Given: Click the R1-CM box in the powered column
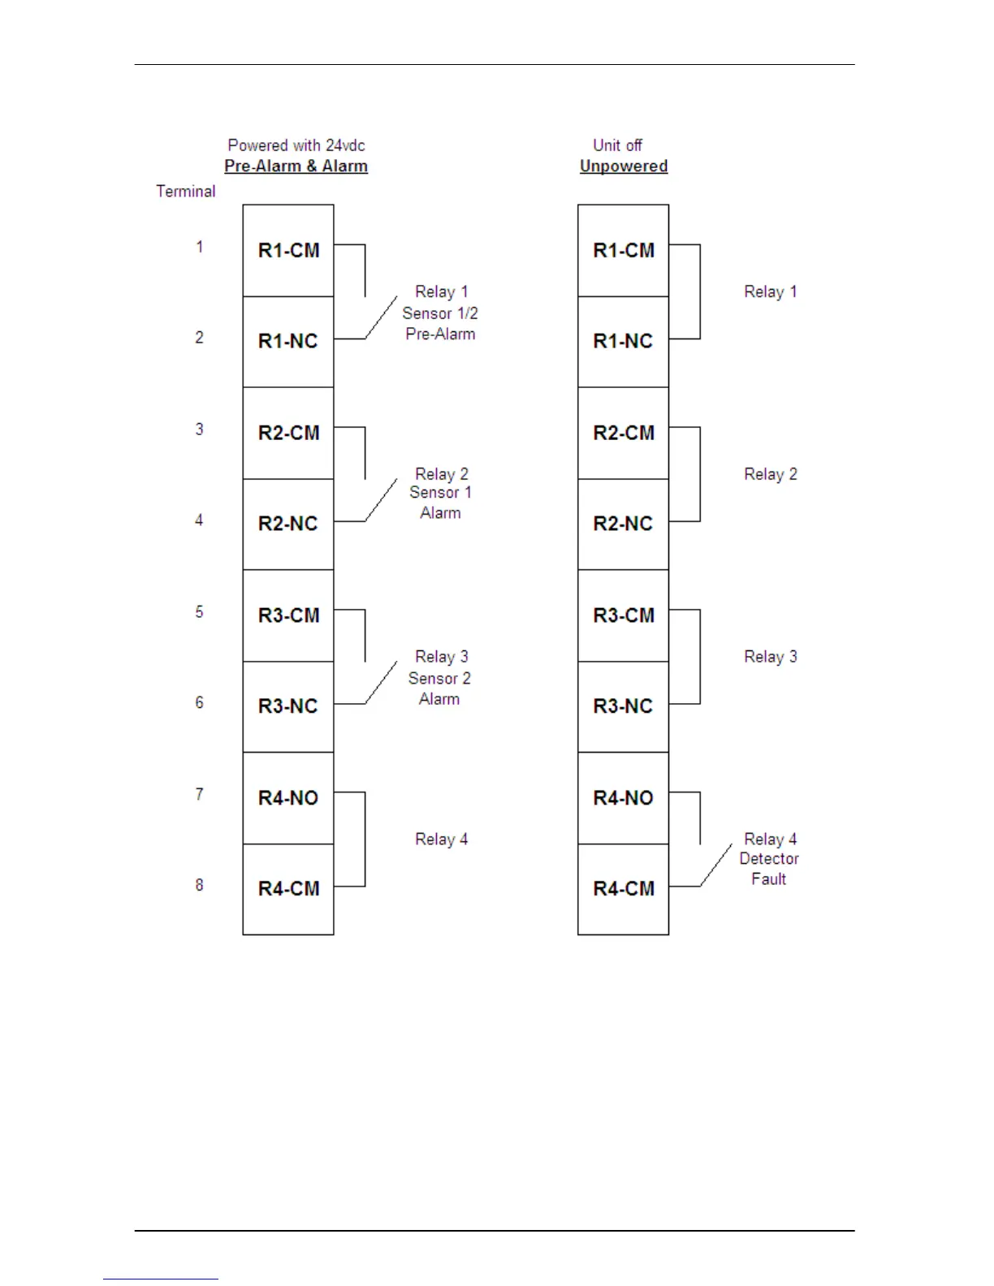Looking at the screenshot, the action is [x=288, y=250].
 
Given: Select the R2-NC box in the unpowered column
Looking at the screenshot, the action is [x=623, y=524].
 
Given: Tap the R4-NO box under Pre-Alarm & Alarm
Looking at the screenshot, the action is [x=288, y=798].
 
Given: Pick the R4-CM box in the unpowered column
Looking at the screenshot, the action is [x=623, y=889].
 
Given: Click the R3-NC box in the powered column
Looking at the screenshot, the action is [x=288, y=706].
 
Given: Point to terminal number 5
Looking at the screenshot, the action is [x=199, y=612].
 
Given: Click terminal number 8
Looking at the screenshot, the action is [x=199, y=885].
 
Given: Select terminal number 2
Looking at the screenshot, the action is [x=199, y=338].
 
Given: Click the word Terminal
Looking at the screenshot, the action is [x=186, y=192].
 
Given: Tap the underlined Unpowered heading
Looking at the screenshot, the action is [x=624, y=166].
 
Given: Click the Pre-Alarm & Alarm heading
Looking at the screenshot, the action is [x=296, y=166].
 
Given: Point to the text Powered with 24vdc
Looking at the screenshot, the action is [x=296, y=145].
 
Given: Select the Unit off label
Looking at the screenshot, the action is [x=617, y=145].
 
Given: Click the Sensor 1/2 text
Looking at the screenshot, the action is [x=440, y=313].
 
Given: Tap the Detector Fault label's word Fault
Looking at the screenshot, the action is [x=768, y=879].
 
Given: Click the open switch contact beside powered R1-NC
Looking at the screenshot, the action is [x=381, y=317].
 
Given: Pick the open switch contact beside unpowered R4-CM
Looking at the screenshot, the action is [x=716, y=865].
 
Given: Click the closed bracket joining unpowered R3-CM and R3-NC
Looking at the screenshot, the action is [x=699, y=657].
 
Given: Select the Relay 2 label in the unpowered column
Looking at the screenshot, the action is [x=771, y=474].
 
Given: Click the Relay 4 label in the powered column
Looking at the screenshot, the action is [x=441, y=839].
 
